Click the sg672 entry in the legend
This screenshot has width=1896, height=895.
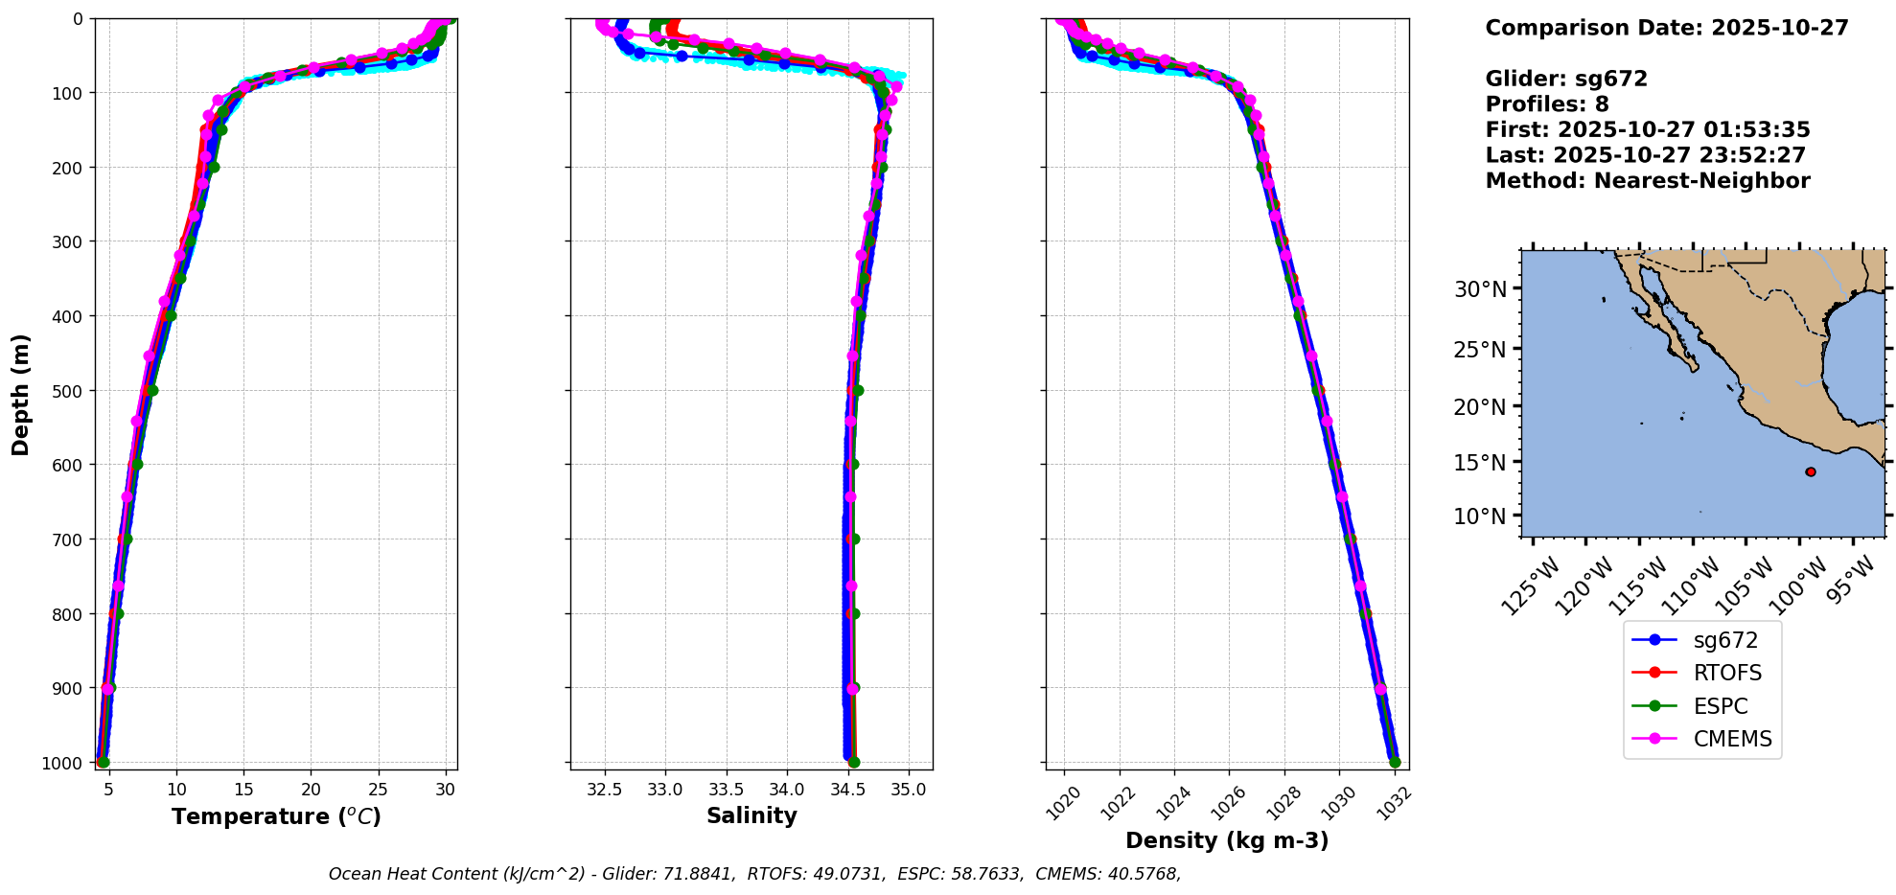pyautogui.click(x=1724, y=640)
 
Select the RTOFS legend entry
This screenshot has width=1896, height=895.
pyautogui.click(x=1727, y=673)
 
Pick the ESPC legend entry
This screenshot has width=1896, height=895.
pyautogui.click(x=1721, y=706)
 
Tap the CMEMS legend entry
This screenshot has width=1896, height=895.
pyautogui.click(x=1732, y=739)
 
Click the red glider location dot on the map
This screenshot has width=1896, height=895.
pyautogui.click(x=1810, y=471)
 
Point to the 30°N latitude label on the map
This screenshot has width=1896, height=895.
pyautogui.click(x=1480, y=289)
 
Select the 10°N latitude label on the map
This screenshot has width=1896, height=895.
pyautogui.click(x=1480, y=516)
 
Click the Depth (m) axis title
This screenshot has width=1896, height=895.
pyautogui.click(x=21, y=394)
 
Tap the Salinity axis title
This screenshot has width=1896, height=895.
pyautogui.click(x=751, y=815)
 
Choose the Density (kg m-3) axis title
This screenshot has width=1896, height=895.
pyautogui.click(x=1227, y=840)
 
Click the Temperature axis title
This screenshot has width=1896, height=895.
pyautogui.click(x=276, y=816)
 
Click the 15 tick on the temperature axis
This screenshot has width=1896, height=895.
pyautogui.click(x=243, y=790)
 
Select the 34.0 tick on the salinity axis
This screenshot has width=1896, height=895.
pyautogui.click(x=787, y=790)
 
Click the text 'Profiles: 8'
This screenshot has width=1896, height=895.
pyautogui.click(x=1547, y=104)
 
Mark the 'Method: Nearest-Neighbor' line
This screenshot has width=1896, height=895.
pyautogui.click(x=1648, y=181)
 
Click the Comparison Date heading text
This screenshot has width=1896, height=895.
pyautogui.click(x=1667, y=28)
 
